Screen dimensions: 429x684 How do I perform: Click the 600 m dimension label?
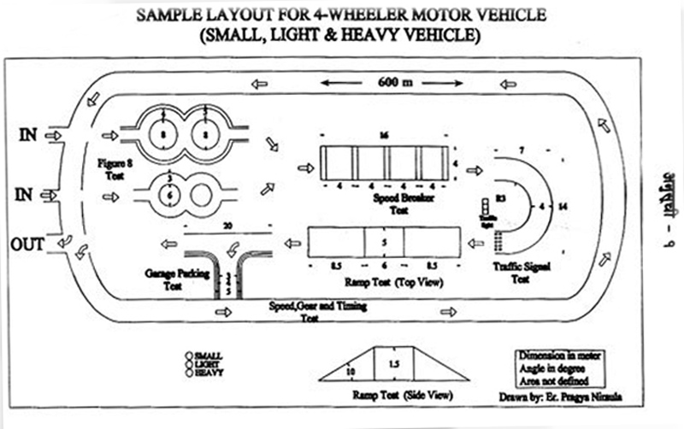coord(389,83)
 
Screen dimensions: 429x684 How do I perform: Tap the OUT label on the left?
coord(27,244)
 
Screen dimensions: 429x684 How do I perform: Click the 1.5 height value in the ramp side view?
coord(392,365)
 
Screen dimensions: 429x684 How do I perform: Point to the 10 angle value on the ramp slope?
coord(350,371)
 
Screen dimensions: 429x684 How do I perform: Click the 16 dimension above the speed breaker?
coord(384,136)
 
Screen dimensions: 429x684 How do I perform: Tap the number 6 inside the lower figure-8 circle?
coord(169,194)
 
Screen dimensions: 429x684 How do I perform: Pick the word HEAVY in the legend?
coord(207,372)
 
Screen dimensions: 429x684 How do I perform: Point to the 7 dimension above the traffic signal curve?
coord(521,150)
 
